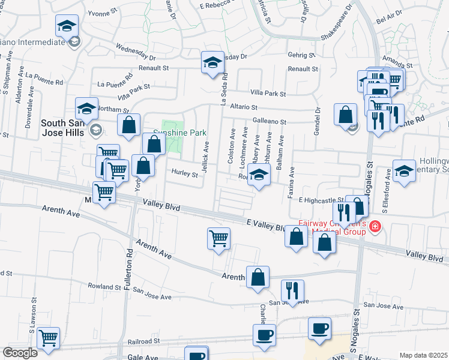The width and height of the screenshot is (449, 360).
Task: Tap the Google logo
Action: (x=19, y=353)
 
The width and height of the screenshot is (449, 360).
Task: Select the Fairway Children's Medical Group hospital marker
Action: (x=375, y=226)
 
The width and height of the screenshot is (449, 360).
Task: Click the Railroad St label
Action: (x=139, y=340)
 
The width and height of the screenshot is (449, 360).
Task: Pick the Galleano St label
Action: (x=268, y=121)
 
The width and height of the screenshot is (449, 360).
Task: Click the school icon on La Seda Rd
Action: (x=212, y=62)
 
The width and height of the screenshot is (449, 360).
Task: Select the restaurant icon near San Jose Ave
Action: (x=292, y=290)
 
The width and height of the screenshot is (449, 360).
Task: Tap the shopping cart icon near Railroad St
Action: (x=48, y=337)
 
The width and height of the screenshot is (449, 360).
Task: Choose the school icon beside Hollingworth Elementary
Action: (x=404, y=170)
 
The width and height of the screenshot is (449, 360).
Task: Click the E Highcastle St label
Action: (x=321, y=200)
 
